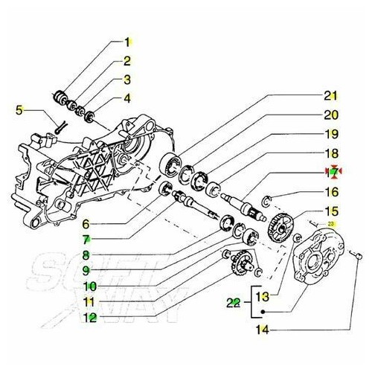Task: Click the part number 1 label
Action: [x=127, y=42]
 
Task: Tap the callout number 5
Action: [x=19, y=111]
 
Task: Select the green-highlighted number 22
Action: [x=233, y=302]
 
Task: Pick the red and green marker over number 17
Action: [x=333, y=172]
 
